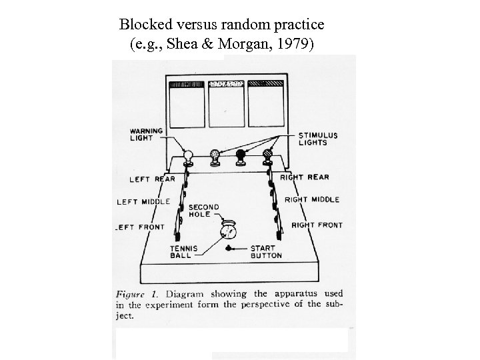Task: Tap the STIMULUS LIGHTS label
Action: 319,139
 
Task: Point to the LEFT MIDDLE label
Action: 143,201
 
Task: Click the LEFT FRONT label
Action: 140,227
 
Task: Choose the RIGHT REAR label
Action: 305,177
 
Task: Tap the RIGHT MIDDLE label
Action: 311,199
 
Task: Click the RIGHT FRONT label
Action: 317,225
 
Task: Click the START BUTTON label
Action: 265,251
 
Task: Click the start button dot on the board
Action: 228,248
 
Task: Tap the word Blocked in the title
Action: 144,25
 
